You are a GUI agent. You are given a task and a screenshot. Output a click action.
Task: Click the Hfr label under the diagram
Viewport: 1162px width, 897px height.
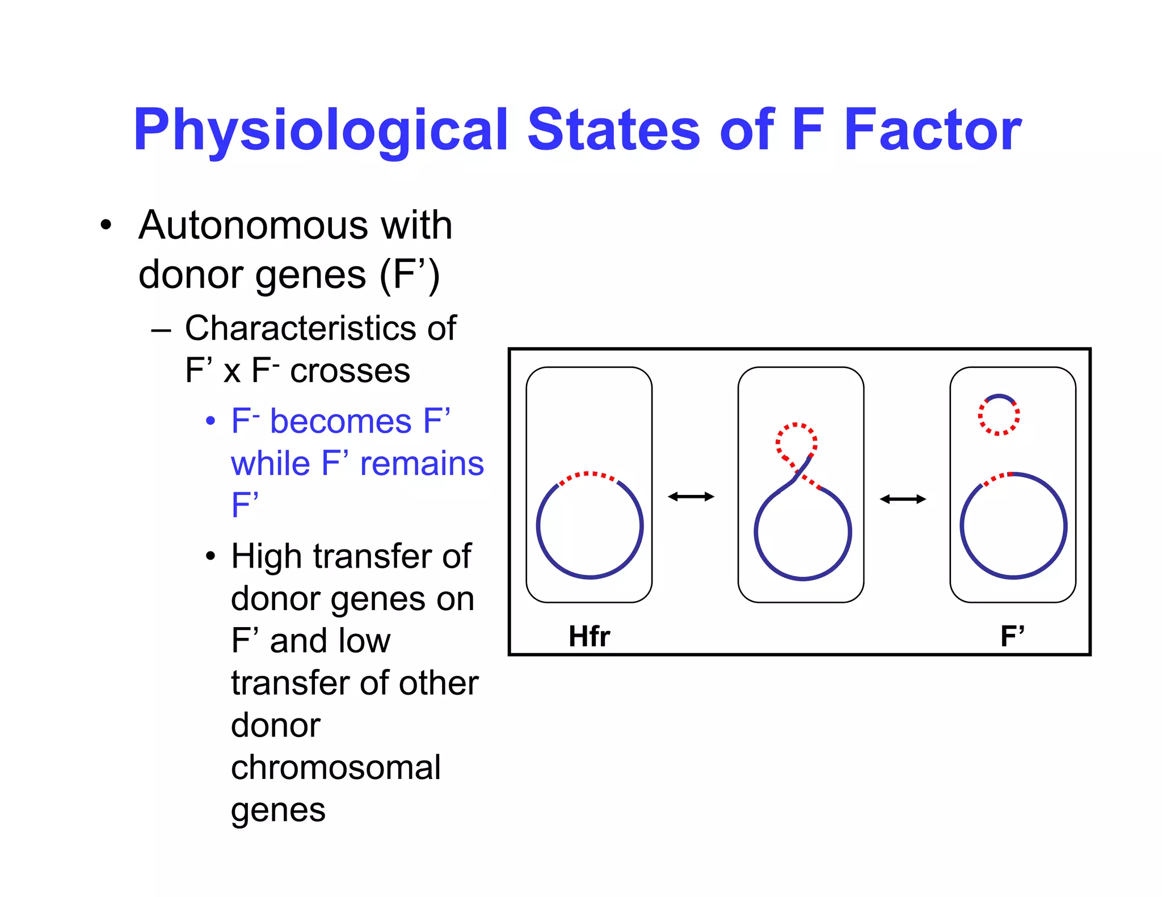(x=589, y=636)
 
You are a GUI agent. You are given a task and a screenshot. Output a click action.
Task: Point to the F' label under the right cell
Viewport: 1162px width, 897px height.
(x=1012, y=636)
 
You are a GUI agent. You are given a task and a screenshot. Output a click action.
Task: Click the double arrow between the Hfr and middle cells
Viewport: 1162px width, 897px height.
(x=691, y=497)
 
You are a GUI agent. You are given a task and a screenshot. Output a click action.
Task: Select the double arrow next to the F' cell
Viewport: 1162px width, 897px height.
(x=903, y=499)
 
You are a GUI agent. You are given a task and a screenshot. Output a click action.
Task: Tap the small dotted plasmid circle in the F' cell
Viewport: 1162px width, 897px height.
(x=999, y=415)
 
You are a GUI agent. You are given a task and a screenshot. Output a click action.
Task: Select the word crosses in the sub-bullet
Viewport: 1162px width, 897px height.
(x=350, y=371)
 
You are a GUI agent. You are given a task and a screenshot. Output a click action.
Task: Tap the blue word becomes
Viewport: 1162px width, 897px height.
(x=340, y=421)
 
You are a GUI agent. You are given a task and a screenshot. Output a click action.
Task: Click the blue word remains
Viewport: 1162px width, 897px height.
(x=422, y=464)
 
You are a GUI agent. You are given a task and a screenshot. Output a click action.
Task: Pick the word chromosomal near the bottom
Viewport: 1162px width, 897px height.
(x=335, y=767)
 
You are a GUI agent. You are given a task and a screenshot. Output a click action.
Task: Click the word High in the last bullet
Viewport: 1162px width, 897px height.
(x=266, y=556)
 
